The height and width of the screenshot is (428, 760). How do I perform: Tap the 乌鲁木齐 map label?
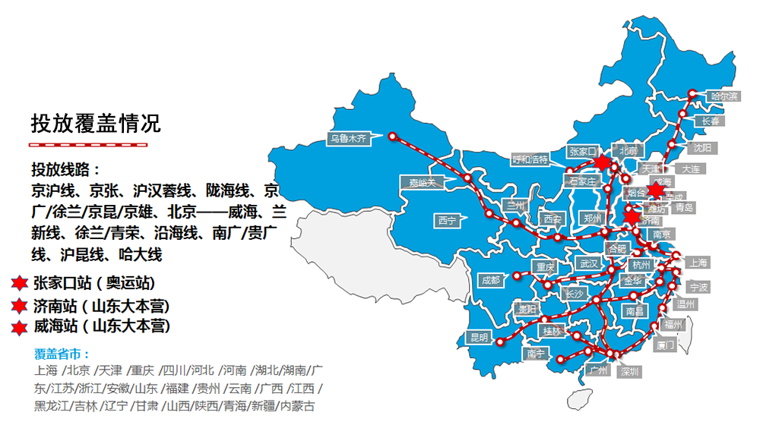tap(348, 139)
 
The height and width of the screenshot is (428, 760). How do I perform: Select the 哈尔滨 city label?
tap(724, 96)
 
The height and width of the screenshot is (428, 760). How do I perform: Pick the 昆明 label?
tap(480, 338)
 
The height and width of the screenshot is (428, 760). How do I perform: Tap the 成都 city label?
tap(491, 280)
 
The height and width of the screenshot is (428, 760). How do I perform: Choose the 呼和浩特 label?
tap(530, 159)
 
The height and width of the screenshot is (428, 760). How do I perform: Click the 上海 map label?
tap(698, 263)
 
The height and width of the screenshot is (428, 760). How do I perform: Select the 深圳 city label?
tap(630, 372)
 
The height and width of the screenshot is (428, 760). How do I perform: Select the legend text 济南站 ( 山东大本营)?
tap(101, 306)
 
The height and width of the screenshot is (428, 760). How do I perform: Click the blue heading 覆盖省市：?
tap(62, 354)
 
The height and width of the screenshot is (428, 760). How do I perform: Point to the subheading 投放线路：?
tap(66, 169)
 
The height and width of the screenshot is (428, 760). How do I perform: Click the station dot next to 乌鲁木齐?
tap(393, 137)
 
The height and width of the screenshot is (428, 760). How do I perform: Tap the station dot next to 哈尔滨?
tap(692, 95)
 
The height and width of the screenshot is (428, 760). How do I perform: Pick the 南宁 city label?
tap(534, 354)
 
